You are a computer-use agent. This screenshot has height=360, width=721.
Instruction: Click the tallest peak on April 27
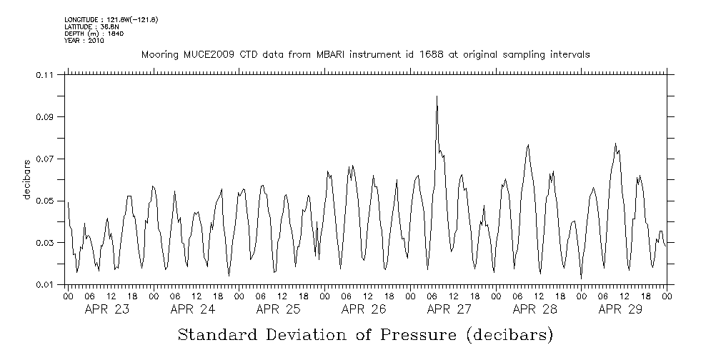(x=437, y=96)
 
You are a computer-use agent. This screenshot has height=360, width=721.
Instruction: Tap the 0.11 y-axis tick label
(x=44, y=75)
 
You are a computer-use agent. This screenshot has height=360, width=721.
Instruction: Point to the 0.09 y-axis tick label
(x=44, y=117)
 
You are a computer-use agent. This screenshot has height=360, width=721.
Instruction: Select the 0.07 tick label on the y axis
(x=44, y=159)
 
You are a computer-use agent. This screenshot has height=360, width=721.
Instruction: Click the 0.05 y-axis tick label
(x=44, y=201)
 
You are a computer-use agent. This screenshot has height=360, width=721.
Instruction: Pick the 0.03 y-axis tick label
(x=44, y=244)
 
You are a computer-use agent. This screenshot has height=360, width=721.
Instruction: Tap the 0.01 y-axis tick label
(x=44, y=285)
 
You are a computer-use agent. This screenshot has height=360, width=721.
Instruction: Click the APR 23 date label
(x=107, y=309)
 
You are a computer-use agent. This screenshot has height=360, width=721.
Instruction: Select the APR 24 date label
(x=193, y=309)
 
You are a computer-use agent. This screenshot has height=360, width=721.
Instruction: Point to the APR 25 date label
(x=278, y=309)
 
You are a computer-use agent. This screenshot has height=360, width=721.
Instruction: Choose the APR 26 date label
(x=364, y=309)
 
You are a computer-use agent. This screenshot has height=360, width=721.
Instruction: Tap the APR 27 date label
(x=449, y=309)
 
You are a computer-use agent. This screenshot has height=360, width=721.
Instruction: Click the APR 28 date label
(x=534, y=309)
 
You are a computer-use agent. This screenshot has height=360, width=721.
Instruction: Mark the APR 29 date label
(x=620, y=309)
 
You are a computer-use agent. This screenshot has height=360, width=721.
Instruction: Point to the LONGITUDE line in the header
(x=111, y=19)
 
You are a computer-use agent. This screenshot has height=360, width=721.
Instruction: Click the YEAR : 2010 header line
(x=84, y=41)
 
